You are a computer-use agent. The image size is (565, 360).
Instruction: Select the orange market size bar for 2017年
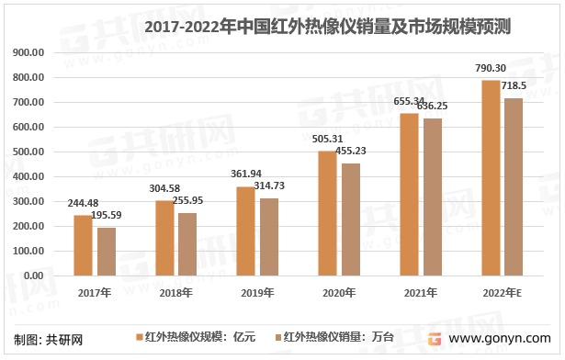pyautogui.click(x=83, y=245)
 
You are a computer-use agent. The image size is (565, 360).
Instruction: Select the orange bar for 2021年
pyautogui.click(x=408, y=195)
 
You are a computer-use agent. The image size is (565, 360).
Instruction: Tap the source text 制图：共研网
pyautogui.click(x=42, y=339)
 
